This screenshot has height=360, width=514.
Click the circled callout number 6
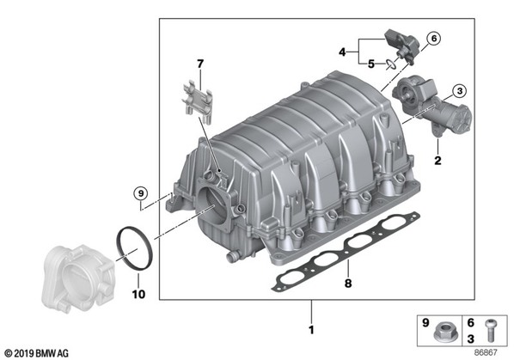click(x=434, y=39)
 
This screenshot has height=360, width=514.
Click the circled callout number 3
click(x=459, y=91)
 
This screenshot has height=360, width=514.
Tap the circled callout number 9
click(x=141, y=193)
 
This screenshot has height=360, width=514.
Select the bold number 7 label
click(x=200, y=64)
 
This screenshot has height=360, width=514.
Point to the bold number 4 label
click(x=342, y=52)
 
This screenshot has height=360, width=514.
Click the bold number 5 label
click(x=370, y=64)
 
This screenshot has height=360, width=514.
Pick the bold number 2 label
click(x=438, y=161)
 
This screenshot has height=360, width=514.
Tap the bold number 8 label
click(x=348, y=283)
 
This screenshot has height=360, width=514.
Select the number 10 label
click(x=138, y=294)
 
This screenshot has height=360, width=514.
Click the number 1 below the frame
click(x=311, y=330)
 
